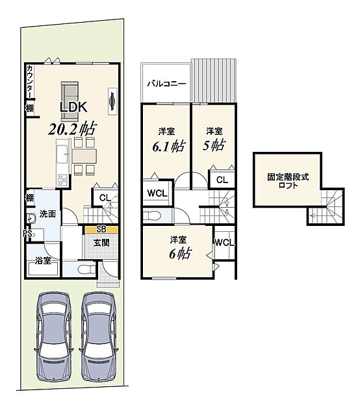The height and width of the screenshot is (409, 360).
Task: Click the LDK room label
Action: click(x=73, y=107)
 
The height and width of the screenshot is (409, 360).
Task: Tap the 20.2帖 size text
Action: click(x=73, y=128)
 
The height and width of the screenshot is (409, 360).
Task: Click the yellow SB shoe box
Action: click(x=101, y=230)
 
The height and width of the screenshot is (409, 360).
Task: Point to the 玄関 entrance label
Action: click(x=101, y=243)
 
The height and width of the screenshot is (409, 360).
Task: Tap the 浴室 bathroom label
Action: click(x=43, y=260)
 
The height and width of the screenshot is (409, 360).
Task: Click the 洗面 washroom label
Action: click(x=47, y=214)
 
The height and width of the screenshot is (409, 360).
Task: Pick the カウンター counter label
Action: click(x=30, y=82)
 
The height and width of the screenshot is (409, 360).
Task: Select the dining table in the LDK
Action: click(x=84, y=156)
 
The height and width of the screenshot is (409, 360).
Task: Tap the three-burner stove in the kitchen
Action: click(x=62, y=180)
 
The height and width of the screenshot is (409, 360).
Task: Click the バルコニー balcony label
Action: click(x=166, y=84)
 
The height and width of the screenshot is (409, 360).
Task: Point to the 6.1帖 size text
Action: click(x=169, y=147)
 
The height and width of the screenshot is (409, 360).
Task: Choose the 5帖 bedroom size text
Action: click(x=214, y=145)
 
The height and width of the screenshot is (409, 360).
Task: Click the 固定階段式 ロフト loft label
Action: click(x=288, y=181)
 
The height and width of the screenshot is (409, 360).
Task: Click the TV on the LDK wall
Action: click(x=112, y=101)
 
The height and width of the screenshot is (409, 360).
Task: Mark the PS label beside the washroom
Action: click(x=28, y=234)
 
